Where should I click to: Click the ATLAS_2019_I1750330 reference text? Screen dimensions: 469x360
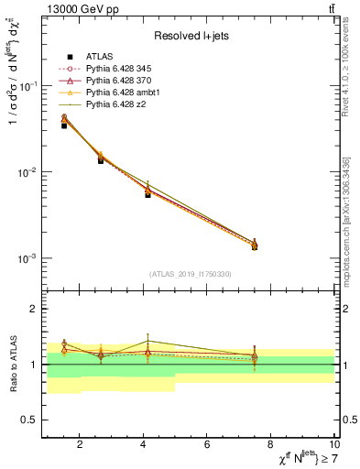(x=190, y=274)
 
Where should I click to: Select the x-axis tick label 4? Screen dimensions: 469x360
(x=144, y=445)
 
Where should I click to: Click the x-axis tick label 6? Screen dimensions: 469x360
(x=208, y=445)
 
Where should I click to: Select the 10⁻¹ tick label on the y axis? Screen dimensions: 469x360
(x=25, y=86)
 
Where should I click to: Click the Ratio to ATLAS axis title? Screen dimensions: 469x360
(x=11, y=365)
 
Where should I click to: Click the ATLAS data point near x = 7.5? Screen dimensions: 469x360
(x=255, y=247)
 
